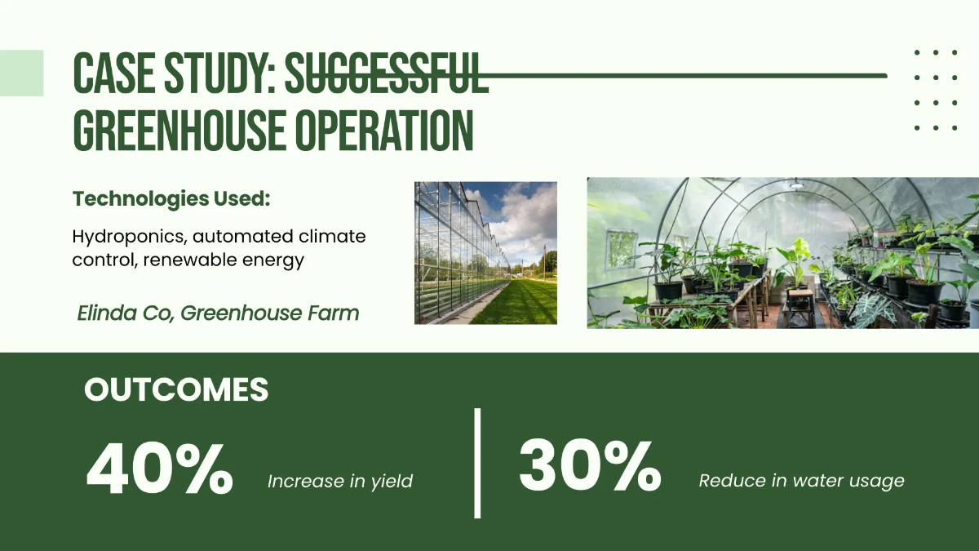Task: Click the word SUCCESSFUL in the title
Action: [386, 74]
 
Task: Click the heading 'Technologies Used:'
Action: [171, 198]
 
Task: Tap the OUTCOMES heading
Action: [176, 390]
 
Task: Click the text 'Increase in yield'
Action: [340, 482]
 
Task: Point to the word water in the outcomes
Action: [817, 481]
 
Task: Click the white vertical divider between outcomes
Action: [477, 463]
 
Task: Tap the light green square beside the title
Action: [21, 73]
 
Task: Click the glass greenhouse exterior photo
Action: [485, 252]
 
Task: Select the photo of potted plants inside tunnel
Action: [782, 253]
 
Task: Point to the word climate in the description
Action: [325, 238]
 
